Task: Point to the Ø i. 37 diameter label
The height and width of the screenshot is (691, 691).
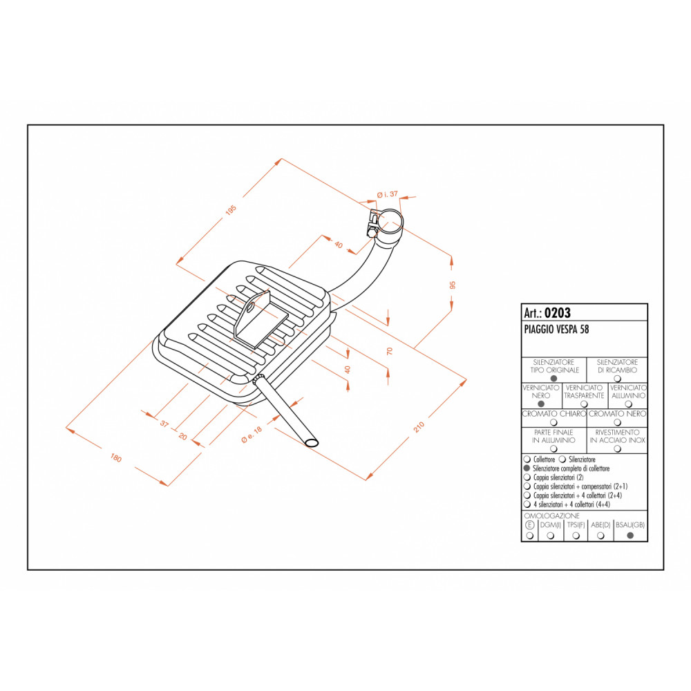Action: (388, 194)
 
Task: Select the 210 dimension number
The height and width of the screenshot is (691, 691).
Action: (419, 428)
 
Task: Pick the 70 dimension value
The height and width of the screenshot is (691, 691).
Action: (390, 351)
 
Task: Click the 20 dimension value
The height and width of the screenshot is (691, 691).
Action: (183, 437)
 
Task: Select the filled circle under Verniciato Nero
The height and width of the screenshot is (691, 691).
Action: (541, 404)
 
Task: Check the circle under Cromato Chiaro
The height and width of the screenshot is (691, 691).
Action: (553, 422)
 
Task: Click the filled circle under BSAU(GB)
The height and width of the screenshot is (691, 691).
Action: (630, 535)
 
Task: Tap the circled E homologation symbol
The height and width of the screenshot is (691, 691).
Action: (530, 525)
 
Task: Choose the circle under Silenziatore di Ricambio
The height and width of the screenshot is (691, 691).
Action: (616, 378)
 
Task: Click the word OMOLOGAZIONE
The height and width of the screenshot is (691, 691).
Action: (552, 515)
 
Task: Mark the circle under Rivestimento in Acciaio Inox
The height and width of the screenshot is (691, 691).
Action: (616, 448)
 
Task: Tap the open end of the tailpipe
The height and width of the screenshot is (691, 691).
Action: (312, 442)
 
